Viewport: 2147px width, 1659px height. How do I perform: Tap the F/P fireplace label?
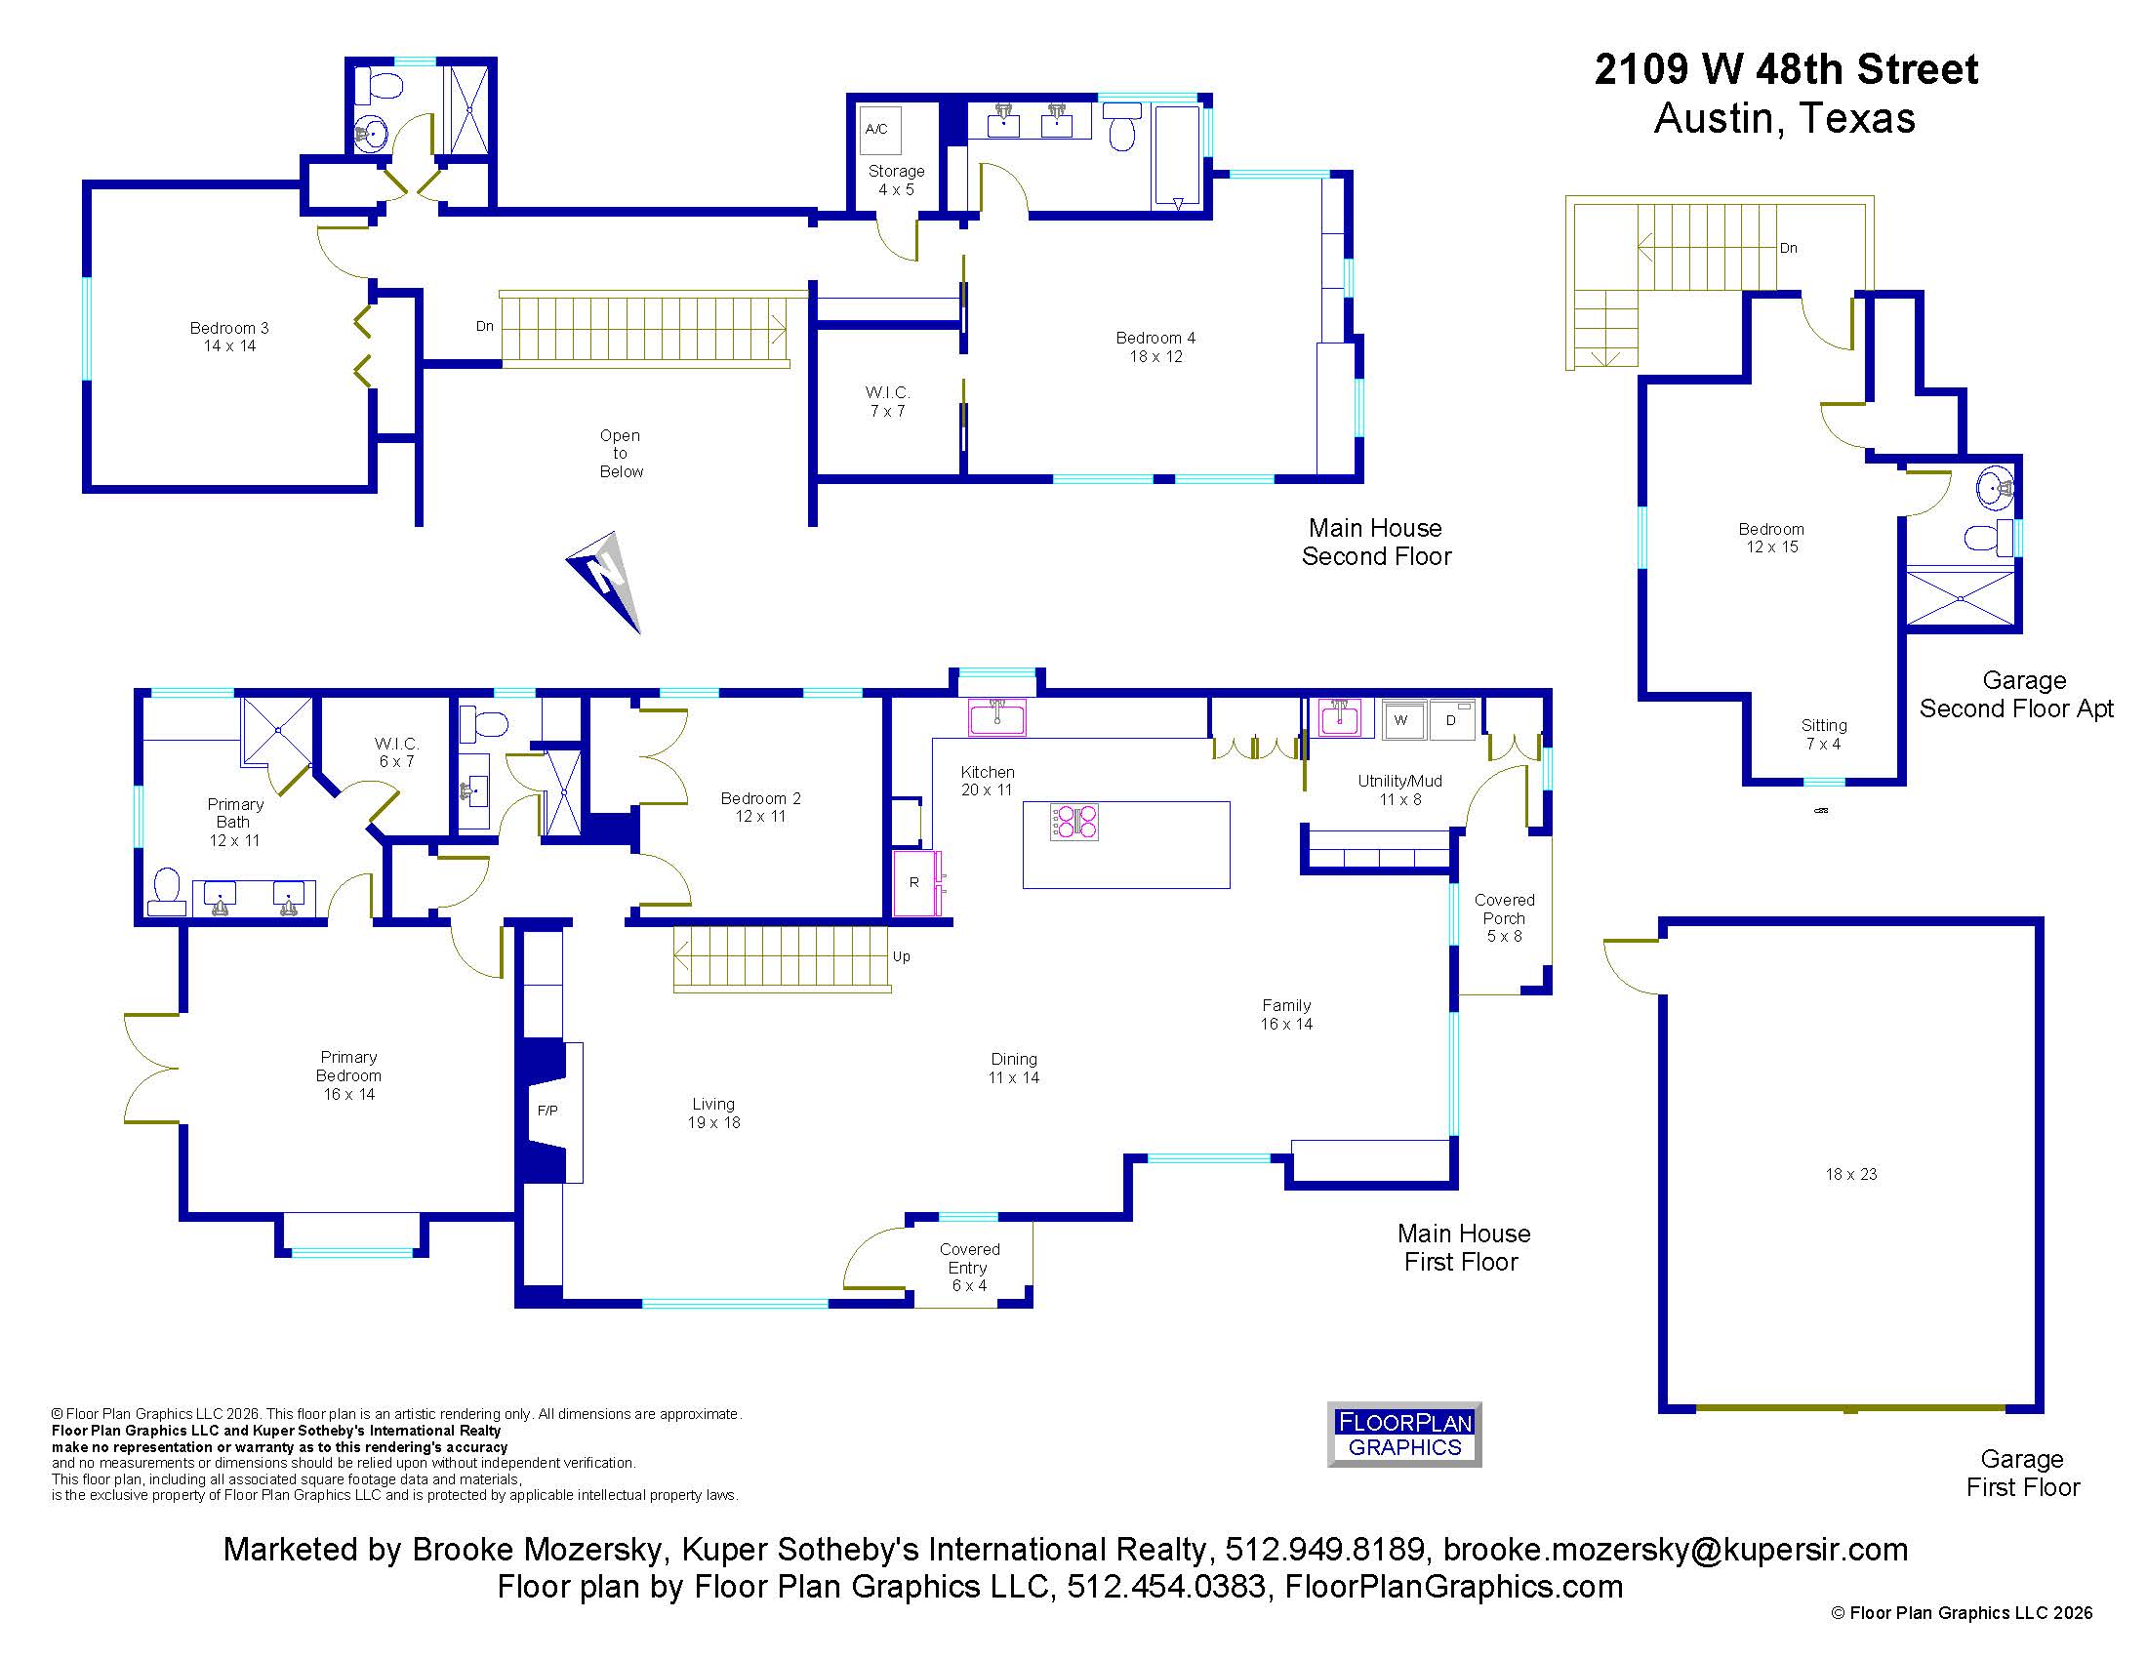547,1111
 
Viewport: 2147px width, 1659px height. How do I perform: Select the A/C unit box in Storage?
877,129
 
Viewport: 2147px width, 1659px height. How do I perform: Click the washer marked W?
1401,719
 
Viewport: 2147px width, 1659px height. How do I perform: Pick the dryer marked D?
1452,719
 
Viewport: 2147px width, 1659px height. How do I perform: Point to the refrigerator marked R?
915,882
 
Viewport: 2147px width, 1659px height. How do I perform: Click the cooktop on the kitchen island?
1073,822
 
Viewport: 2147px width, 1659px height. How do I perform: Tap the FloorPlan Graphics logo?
1403,1434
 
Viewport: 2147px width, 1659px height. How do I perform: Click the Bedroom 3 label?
229,337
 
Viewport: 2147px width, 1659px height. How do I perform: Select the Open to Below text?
621,453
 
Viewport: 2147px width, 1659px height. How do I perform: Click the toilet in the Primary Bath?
167,891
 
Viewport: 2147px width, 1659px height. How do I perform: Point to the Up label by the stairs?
902,956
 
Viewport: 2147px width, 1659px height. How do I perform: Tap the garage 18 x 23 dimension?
1851,1174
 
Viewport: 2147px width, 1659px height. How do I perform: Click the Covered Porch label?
1504,918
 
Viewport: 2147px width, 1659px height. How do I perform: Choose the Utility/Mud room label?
1399,790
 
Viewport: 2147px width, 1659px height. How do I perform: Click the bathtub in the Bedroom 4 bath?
1177,157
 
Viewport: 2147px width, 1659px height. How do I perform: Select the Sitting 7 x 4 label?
1824,734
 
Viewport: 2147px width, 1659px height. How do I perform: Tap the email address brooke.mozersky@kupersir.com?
1675,1549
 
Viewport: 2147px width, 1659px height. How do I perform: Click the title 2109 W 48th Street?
1785,68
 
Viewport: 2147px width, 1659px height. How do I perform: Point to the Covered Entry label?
969,1267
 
